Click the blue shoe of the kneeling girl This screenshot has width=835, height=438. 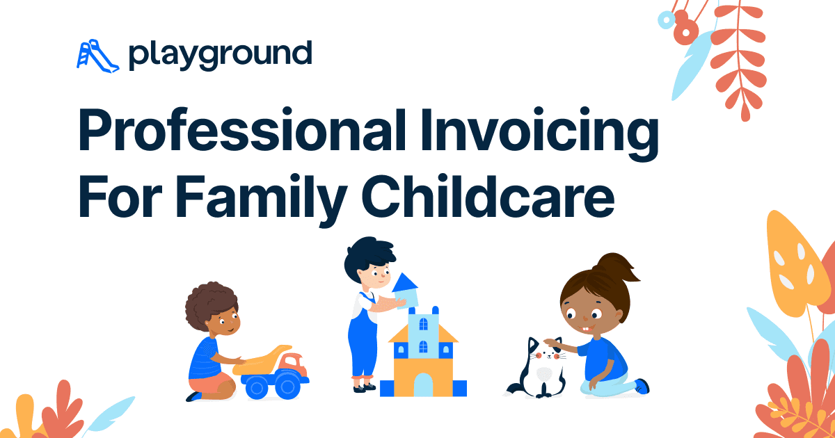[642, 386]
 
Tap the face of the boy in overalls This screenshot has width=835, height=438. [376, 275]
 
